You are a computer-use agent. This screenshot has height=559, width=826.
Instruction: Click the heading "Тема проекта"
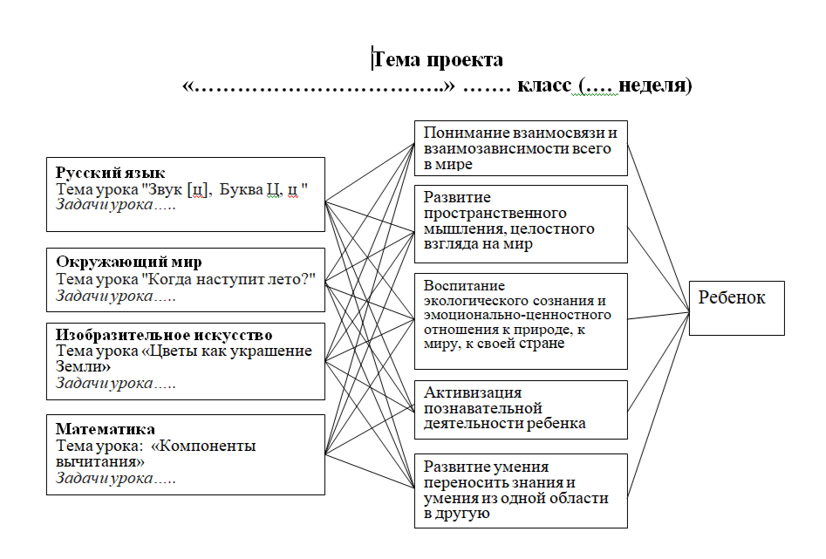(438, 59)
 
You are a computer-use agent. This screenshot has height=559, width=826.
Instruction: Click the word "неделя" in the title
(653, 86)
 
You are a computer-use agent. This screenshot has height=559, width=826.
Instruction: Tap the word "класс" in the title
(543, 86)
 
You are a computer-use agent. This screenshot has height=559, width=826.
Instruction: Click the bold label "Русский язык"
(111, 173)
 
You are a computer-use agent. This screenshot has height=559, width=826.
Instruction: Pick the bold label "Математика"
(106, 429)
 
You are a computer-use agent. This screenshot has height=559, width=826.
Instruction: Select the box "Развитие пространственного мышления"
(520, 222)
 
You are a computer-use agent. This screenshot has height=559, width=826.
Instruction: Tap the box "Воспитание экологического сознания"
(520, 321)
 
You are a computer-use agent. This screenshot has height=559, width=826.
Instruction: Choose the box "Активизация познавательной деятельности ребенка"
(520, 408)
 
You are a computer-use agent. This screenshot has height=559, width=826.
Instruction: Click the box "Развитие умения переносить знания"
(520, 490)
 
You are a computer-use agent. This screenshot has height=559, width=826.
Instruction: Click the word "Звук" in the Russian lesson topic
(167, 189)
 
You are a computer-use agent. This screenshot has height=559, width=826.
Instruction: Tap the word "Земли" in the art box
(79, 367)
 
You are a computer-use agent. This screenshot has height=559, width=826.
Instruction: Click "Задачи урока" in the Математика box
(105, 478)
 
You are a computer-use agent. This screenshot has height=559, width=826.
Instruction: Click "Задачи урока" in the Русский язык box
(105, 205)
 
